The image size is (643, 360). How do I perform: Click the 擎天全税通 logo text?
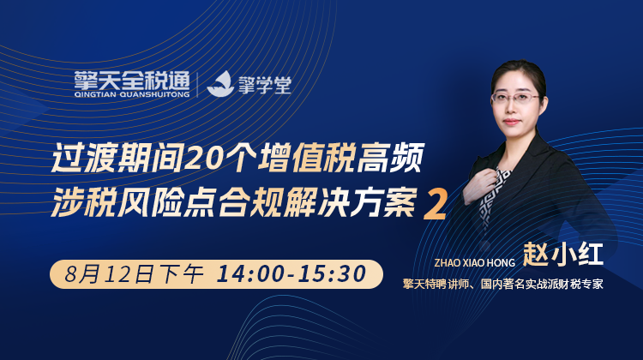point(132,81)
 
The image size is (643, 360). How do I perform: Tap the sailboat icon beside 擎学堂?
point(220,84)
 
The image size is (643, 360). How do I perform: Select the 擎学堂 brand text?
point(265,85)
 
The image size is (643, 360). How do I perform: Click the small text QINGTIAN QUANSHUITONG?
point(132,95)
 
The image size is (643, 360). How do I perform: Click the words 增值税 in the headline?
point(306,158)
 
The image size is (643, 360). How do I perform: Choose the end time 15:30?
point(332,274)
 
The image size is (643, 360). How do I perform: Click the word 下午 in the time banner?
point(181,274)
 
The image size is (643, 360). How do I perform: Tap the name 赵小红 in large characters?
point(562,255)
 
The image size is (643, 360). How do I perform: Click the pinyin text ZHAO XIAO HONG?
point(474,262)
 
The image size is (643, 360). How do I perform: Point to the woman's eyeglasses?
point(516,98)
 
